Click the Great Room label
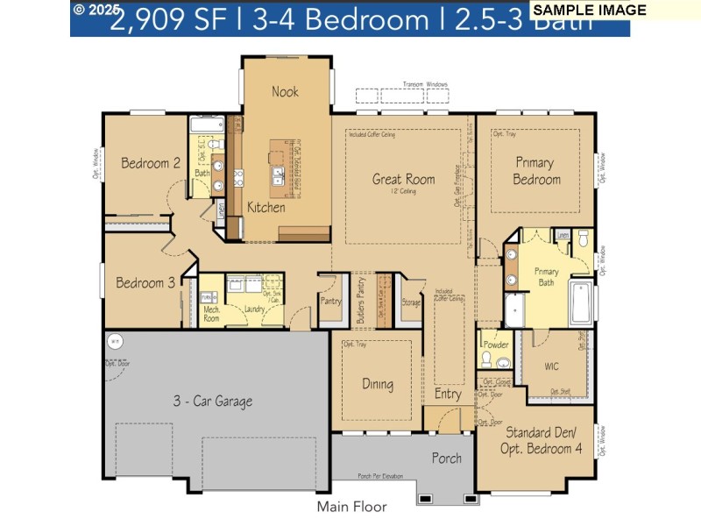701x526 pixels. [403, 180]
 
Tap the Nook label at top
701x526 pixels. [285, 91]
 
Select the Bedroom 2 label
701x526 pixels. [151, 163]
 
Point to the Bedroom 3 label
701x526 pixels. [145, 283]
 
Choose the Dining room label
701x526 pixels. [377, 384]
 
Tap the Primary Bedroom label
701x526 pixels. [536, 171]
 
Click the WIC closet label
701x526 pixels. [552, 365]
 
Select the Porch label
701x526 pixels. [446, 458]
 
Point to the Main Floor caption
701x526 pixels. [351, 506]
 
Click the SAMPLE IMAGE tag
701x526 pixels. [590, 11]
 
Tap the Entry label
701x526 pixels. [448, 394]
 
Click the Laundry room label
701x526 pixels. [255, 309]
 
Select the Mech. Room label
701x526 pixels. [211, 314]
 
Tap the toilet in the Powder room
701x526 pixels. [501, 363]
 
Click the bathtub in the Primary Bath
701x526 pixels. [581, 303]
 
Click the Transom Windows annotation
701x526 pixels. [425, 85]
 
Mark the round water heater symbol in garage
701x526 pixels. [114, 341]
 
